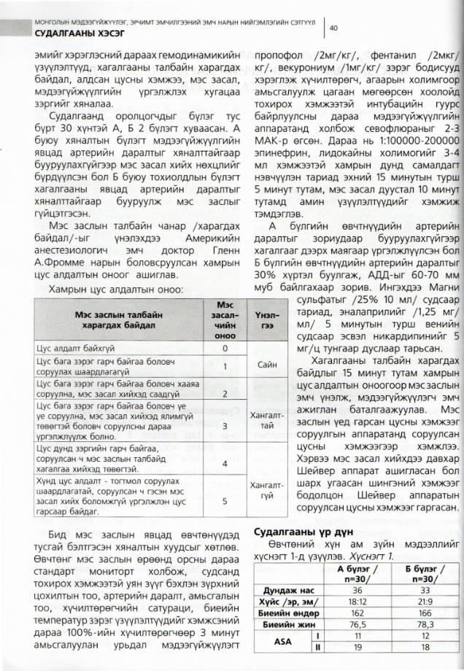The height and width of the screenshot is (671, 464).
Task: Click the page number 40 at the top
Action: click(x=333, y=28)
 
